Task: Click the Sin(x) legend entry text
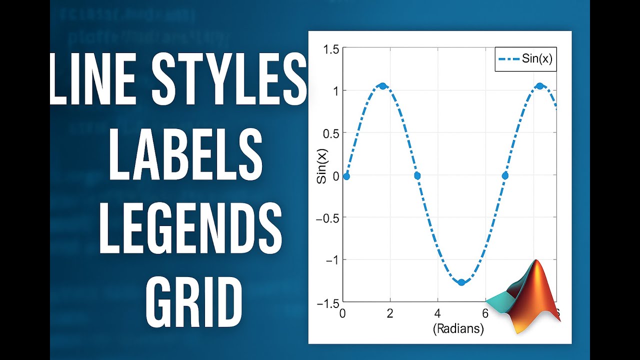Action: click(x=537, y=59)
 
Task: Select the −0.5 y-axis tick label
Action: click(x=328, y=217)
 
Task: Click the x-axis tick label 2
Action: click(x=390, y=313)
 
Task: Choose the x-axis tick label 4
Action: click(x=437, y=313)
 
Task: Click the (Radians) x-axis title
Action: click(x=458, y=329)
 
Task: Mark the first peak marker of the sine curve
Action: click(x=383, y=86)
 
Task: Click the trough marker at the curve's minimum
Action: click(x=461, y=282)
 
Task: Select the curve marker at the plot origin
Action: click(x=346, y=176)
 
